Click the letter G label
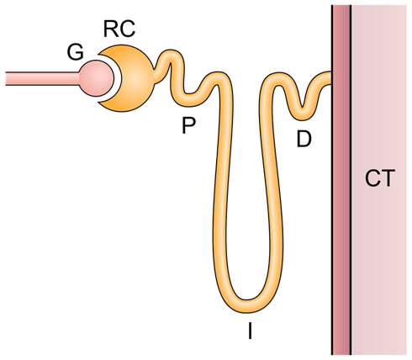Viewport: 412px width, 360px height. (x=76, y=52)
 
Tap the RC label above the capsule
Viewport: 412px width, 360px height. (x=119, y=29)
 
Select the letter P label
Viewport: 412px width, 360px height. (x=188, y=125)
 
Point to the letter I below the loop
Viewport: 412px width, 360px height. (x=250, y=331)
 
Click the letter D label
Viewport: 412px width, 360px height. (x=304, y=139)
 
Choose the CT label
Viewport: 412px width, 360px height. (x=380, y=178)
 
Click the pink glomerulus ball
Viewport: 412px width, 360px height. (x=97, y=78)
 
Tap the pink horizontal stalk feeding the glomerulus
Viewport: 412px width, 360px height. (x=42, y=78)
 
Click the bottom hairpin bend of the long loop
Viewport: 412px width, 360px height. (x=248, y=305)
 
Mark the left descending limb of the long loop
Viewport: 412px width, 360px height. (x=221, y=191)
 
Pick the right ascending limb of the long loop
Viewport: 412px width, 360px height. (x=272, y=191)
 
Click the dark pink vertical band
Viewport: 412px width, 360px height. (x=341, y=180)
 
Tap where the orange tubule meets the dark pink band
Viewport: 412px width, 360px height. (x=331, y=78)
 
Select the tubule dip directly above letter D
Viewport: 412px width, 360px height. (x=302, y=114)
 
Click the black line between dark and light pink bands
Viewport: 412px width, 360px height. (x=351, y=180)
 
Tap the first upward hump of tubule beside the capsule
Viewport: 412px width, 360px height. (x=171, y=55)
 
